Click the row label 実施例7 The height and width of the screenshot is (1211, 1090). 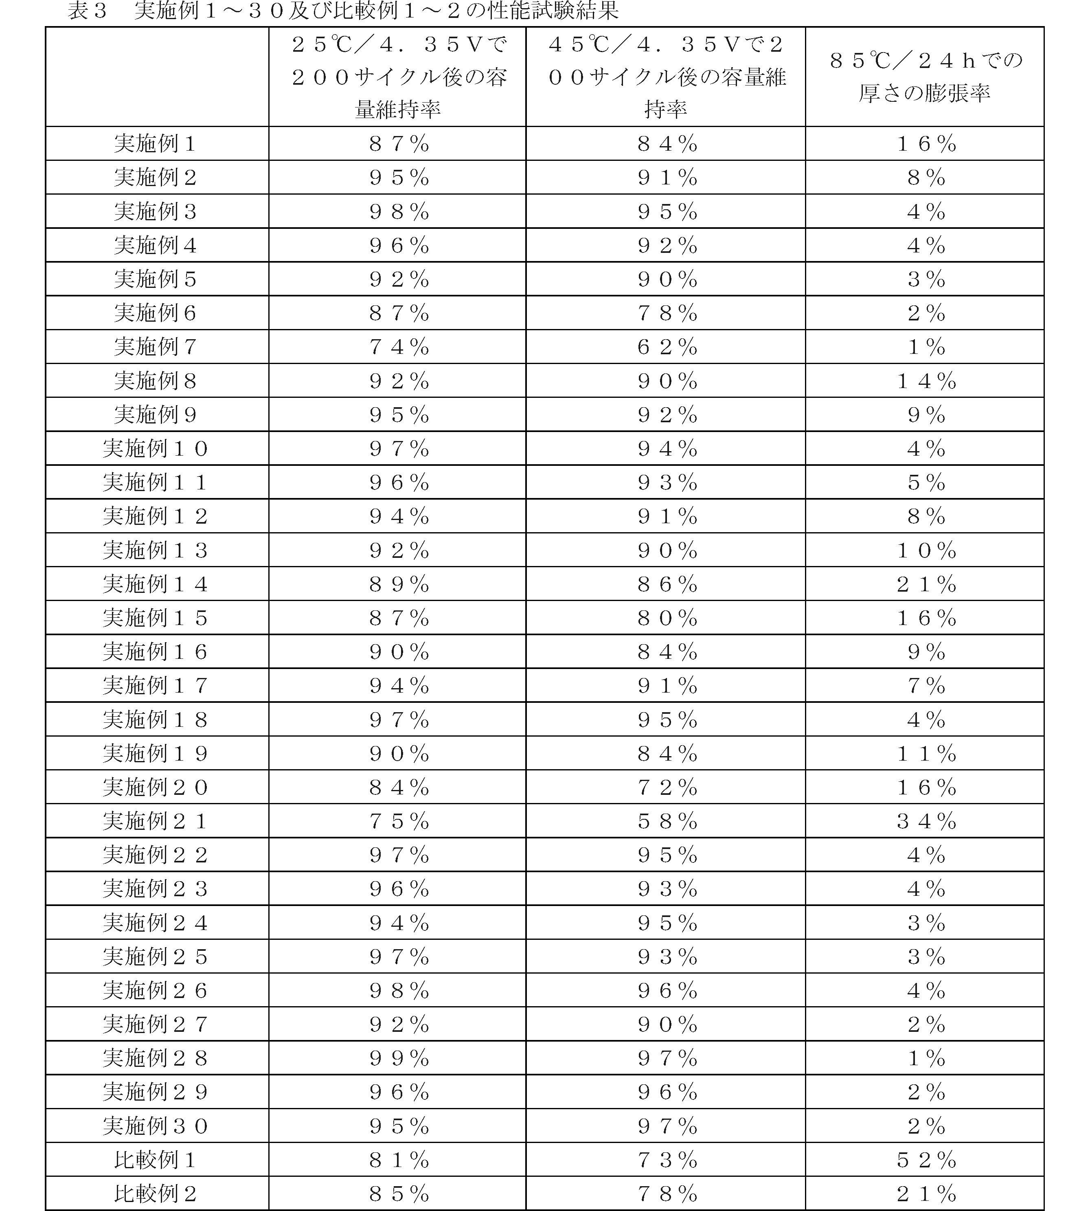pyautogui.click(x=155, y=347)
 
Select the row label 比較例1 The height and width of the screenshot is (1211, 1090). pyautogui.click(x=155, y=1160)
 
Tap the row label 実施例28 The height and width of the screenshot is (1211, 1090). pyautogui.click(x=155, y=1058)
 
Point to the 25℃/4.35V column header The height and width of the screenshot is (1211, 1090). pyautogui.click(x=398, y=77)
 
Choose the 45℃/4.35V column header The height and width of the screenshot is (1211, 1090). pyautogui.click(x=666, y=77)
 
